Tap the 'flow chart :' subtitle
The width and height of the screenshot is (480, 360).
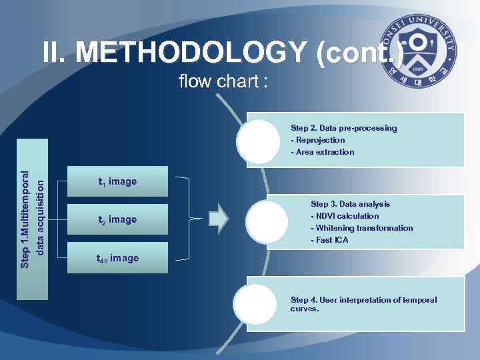pos(223,81)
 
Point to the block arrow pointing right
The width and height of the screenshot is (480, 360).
pos(219,219)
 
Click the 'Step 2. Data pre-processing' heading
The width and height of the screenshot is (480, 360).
pos(343,127)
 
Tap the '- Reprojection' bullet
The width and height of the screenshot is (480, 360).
pos(318,140)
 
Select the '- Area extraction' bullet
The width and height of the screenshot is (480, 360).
pos(323,152)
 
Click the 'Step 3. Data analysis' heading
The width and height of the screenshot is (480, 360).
pos(350,204)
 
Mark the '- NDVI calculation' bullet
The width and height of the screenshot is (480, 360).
pos(345,216)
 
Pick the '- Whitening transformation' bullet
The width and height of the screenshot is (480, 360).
pos(362,228)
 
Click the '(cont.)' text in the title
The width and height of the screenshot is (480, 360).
pos(360,52)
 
